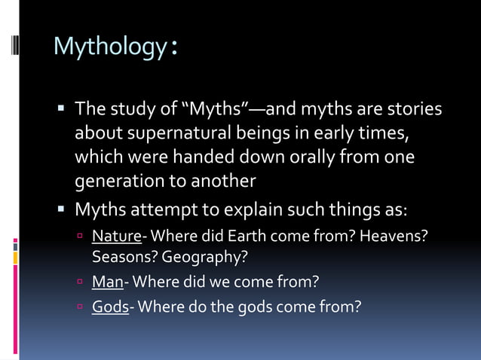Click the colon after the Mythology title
tap(174, 49)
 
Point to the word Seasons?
tap(122, 257)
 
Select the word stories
tap(415, 111)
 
